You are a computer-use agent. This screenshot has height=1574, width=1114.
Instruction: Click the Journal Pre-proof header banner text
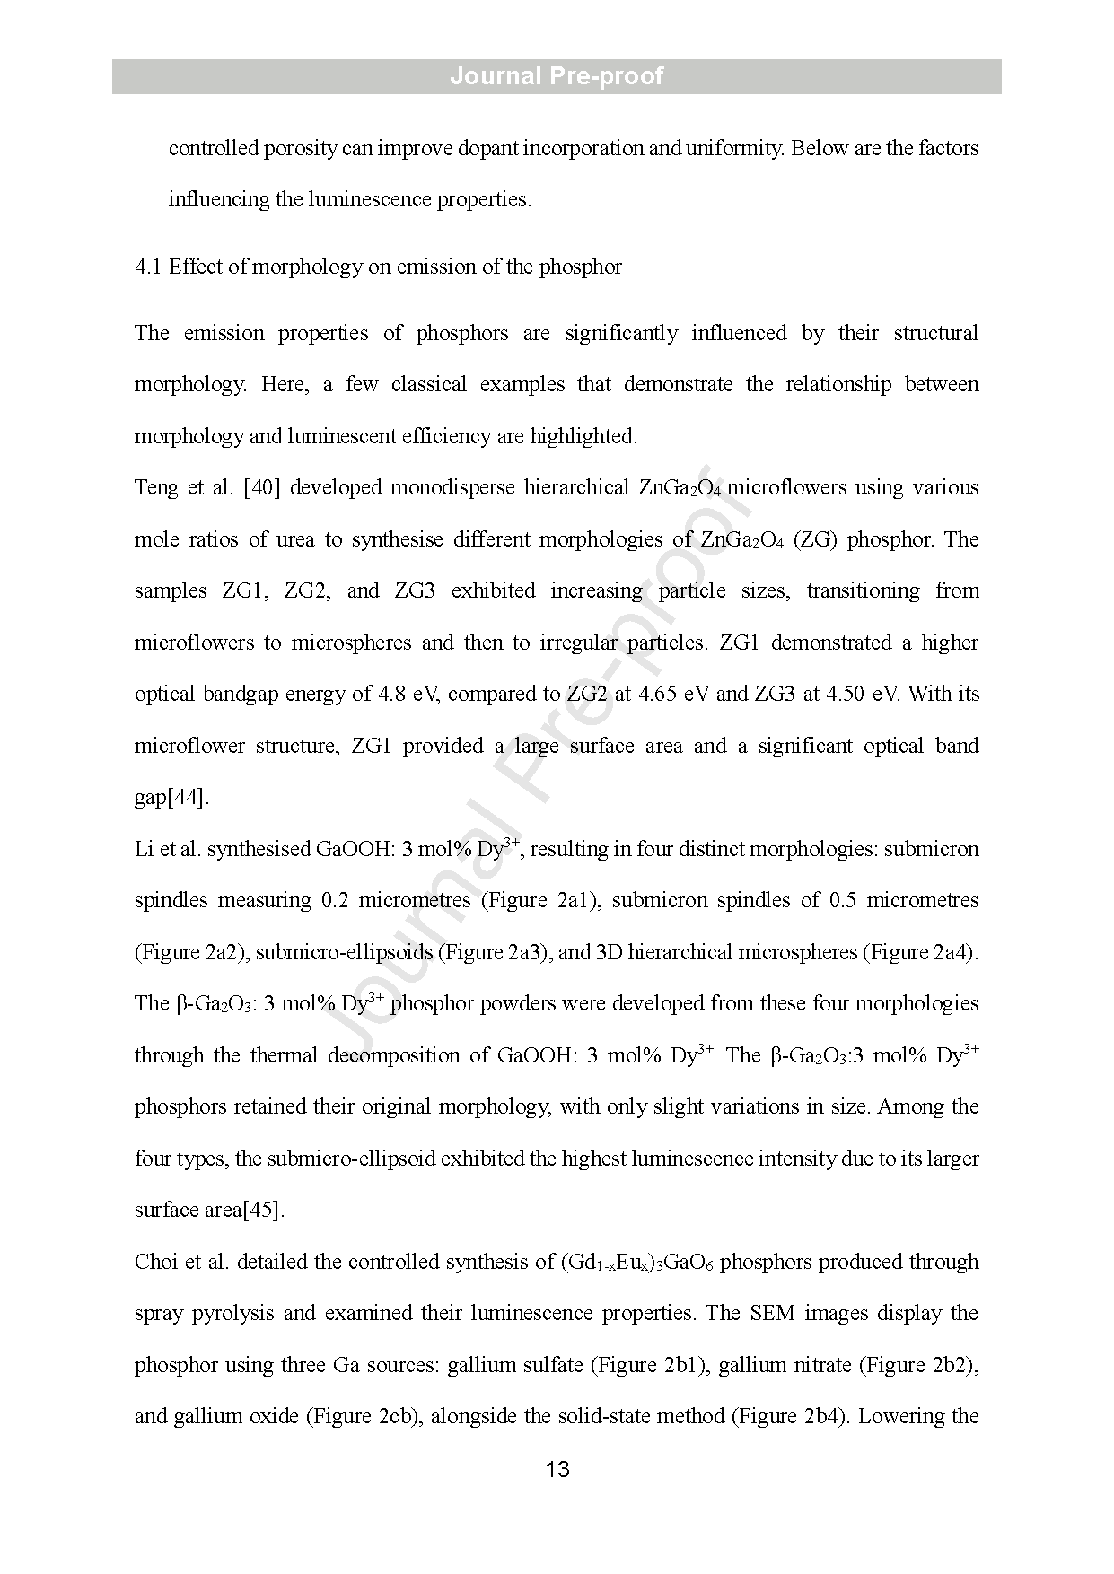[x=557, y=76]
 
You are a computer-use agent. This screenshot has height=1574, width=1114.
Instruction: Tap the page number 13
[x=557, y=1469]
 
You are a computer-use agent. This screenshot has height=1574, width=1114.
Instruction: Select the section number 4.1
[x=147, y=267]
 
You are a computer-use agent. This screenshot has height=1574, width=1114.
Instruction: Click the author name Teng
[x=157, y=488]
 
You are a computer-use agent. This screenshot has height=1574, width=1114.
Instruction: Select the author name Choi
[x=156, y=1262]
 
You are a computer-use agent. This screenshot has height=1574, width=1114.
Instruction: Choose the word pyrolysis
[x=232, y=1314]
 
